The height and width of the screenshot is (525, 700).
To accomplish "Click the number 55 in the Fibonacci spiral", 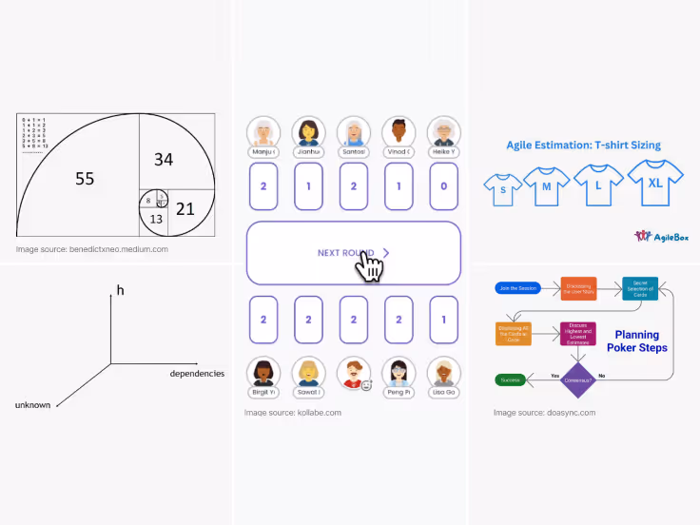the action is pos(85,178).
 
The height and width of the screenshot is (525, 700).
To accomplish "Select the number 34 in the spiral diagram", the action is pos(164,160).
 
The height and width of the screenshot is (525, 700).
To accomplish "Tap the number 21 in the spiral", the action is pos(185,208).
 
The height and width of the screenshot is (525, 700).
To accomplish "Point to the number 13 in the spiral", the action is pos(155,219).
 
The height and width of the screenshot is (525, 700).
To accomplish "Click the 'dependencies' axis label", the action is pos(197,373).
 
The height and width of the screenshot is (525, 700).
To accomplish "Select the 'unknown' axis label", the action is pos(32,405).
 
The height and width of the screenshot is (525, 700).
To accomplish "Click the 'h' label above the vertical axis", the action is pos(120,289).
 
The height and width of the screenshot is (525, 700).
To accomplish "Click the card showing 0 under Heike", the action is pos(443,186).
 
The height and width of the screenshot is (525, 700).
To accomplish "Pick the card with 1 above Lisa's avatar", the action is pos(443,320).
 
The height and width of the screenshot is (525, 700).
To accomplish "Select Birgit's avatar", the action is pos(262,372).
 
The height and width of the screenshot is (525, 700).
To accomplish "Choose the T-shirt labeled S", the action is pos(503,187).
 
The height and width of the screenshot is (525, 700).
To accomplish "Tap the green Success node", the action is pos(511,380).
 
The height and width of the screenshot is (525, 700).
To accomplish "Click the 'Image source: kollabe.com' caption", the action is pos(292,413).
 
